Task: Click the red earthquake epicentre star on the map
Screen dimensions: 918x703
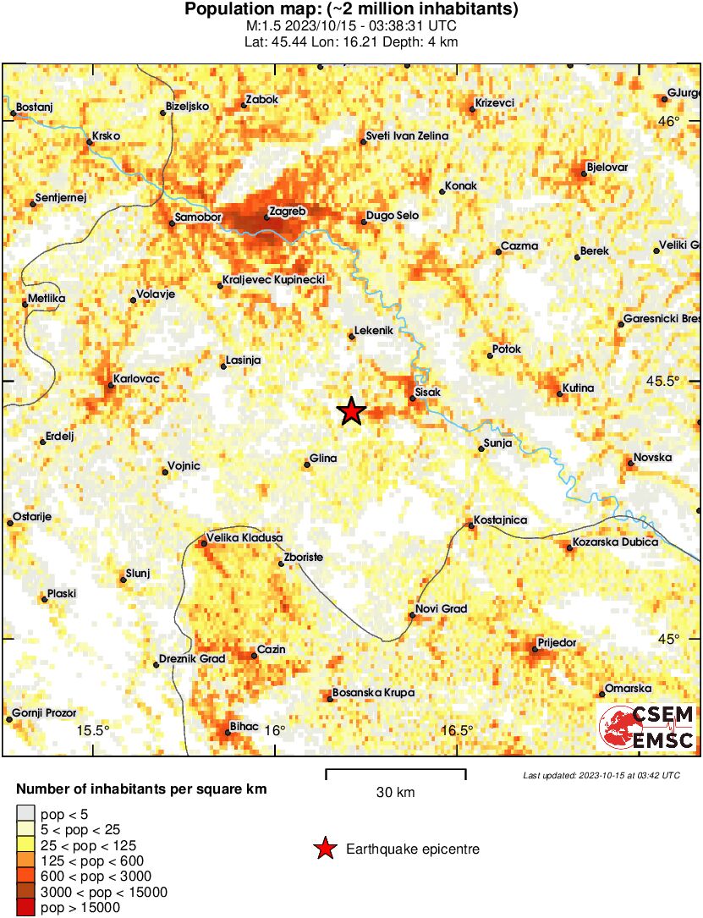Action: tap(351, 412)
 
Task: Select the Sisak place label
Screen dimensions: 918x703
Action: tap(429, 393)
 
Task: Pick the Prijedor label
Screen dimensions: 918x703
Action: tap(557, 643)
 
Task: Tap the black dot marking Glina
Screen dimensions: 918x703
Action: tap(307, 464)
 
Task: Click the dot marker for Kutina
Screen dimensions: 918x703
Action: tap(560, 393)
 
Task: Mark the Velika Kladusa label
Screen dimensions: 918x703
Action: tap(244, 537)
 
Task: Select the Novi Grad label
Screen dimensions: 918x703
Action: tap(441, 609)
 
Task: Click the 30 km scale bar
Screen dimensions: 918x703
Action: tap(396, 772)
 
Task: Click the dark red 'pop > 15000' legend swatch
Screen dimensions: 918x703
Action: tap(26, 908)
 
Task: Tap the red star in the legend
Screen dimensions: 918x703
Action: tap(325, 849)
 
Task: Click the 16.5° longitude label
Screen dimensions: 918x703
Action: tap(458, 731)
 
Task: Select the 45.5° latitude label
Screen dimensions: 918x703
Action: tap(662, 381)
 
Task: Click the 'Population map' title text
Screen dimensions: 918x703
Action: tap(351, 10)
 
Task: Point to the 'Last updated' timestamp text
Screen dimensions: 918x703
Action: tap(601, 775)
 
